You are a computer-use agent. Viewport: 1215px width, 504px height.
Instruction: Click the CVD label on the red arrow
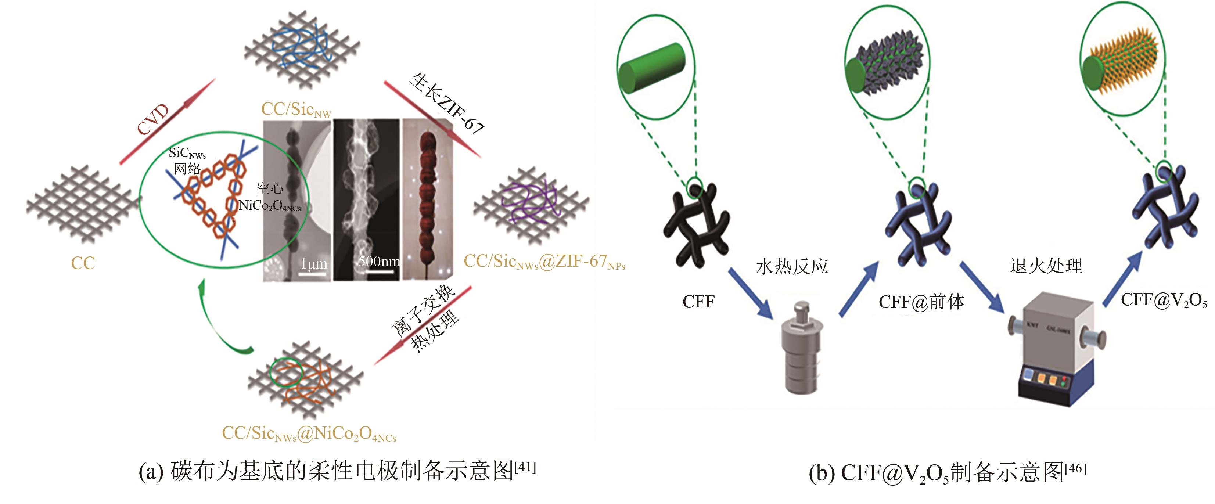click(153, 120)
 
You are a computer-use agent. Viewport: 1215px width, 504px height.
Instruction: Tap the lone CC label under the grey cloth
click(83, 263)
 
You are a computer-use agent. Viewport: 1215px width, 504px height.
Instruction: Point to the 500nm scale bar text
click(379, 261)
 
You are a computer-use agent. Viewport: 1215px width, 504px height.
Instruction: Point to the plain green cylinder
click(651, 69)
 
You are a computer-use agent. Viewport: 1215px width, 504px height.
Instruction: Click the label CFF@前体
click(921, 302)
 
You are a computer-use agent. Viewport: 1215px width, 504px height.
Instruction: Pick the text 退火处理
click(1046, 266)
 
